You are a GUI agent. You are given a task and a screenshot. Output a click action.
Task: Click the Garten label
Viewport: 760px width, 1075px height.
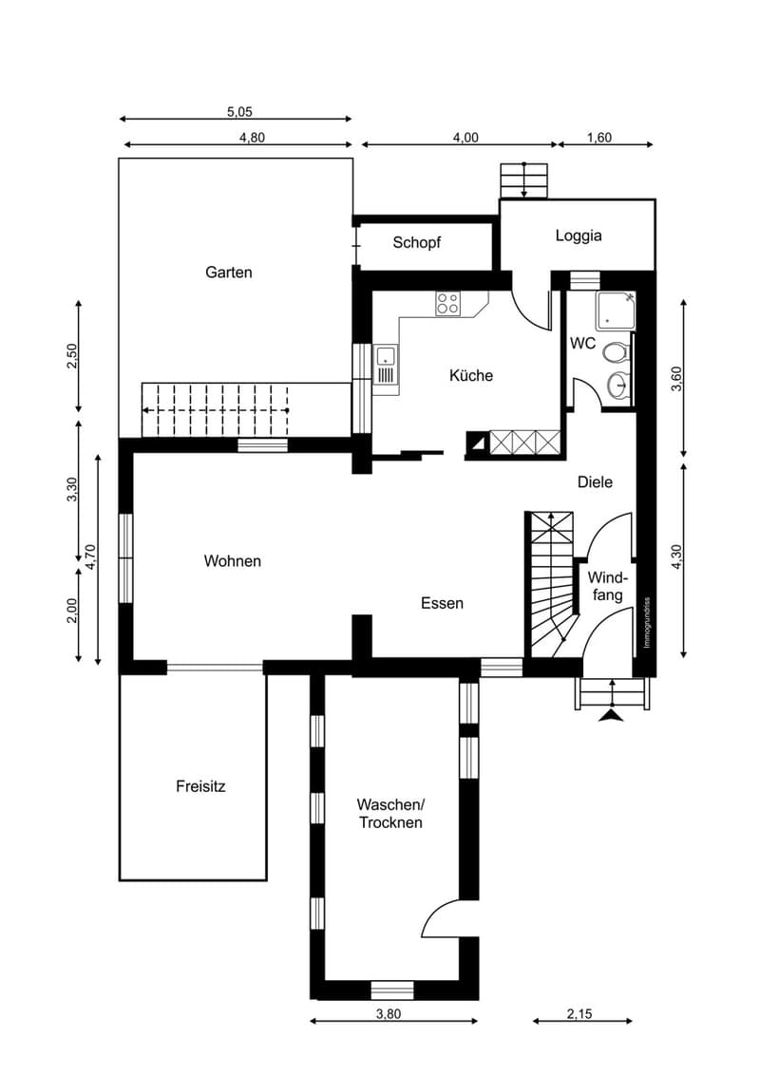point(228,273)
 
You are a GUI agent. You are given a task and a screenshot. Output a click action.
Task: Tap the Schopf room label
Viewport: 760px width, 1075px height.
point(416,243)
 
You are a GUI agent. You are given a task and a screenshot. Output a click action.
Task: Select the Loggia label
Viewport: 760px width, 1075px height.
point(579,236)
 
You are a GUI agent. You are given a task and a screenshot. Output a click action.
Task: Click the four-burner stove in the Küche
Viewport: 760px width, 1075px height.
point(447,304)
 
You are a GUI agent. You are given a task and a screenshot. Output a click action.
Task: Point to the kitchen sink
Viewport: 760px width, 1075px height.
point(386,365)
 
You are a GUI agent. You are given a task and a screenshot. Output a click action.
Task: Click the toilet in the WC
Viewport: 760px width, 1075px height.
point(616,352)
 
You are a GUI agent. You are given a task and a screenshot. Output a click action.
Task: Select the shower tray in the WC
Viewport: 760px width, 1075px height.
point(616,310)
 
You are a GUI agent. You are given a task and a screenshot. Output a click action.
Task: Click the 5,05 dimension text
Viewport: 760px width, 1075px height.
point(240,112)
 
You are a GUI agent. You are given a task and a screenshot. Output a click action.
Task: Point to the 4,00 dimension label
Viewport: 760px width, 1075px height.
point(465,138)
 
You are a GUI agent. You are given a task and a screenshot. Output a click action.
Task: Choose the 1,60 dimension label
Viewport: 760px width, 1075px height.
point(598,138)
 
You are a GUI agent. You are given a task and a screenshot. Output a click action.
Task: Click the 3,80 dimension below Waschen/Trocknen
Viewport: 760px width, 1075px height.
point(389,1014)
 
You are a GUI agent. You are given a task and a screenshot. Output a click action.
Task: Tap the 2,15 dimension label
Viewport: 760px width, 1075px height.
point(579,1014)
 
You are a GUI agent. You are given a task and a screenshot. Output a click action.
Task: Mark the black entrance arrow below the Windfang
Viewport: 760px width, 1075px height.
point(612,716)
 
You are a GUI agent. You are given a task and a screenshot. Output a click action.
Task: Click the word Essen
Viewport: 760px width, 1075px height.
point(443,603)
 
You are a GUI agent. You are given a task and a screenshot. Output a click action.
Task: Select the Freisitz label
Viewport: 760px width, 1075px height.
point(200,786)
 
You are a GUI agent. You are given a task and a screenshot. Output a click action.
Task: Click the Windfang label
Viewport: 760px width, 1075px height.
point(608,586)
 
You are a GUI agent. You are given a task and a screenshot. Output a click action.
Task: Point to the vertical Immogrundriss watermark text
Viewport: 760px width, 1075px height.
point(647,623)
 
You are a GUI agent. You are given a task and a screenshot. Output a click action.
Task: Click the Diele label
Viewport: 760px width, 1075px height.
point(595,482)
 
